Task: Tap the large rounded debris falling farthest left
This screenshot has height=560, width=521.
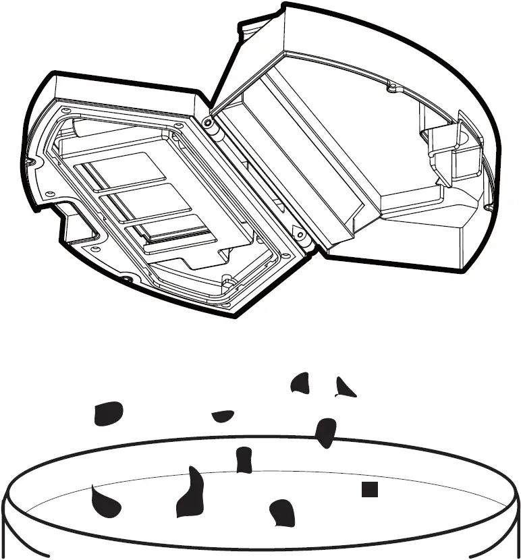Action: (x=109, y=413)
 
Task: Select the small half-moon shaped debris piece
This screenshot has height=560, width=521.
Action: (x=223, y=416)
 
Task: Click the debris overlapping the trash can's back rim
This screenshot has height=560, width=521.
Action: (x=326, y=432)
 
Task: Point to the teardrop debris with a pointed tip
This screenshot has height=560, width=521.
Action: (x=106, y=500)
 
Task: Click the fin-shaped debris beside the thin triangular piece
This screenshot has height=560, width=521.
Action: (x=300, y=383)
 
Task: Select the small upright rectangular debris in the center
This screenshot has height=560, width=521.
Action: (x=244, y=459)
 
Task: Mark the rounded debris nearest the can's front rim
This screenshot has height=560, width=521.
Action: (x=282, y=513)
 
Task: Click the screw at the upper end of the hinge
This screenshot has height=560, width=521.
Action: (x=207, y=121)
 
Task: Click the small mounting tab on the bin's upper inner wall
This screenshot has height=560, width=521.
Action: (x=389, y=87)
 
